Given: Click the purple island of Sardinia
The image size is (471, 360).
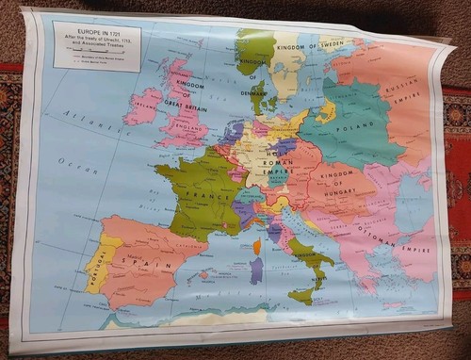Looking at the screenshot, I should [257, 270].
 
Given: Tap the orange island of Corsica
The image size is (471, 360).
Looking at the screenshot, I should [255, 246].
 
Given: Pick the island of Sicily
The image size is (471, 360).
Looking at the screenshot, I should [302, 295].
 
